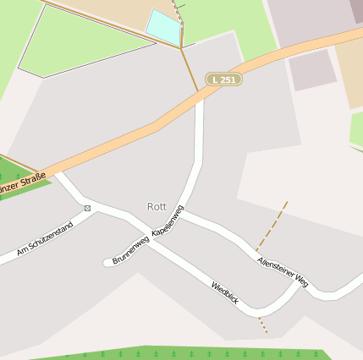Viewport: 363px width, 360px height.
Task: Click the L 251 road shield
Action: point(223,79)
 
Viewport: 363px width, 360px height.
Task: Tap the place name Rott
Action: point(157,206)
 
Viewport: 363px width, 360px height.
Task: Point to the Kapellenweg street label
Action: point(168,219)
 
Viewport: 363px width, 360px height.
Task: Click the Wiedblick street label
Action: point(225,292)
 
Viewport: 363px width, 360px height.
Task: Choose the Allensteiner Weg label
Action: point(283,269)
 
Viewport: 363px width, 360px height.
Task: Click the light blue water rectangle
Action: point(163,26)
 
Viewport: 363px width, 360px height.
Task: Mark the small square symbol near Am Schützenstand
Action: point(87,207)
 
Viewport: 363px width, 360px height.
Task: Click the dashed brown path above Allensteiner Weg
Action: point(272,226)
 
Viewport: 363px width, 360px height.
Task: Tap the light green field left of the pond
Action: point(76,42)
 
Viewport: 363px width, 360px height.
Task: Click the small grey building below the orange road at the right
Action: point(312,70)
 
